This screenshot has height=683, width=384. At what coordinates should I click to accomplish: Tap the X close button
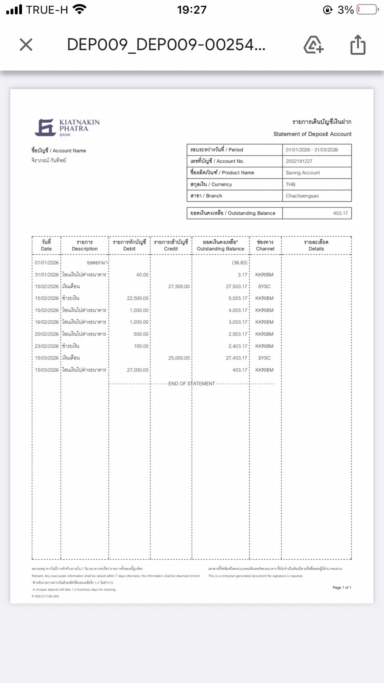click(26, 44)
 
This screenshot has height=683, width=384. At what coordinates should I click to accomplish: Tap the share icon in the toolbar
click(358, 44)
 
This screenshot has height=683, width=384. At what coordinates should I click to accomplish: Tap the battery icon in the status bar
click(368, 9)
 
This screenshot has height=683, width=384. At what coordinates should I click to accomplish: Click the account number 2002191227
click(299, 161)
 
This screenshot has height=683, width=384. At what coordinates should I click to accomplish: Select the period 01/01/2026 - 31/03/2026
click(312, 150)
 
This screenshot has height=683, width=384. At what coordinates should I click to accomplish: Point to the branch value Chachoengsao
click(302, 196)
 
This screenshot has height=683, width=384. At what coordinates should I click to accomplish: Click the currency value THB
click(290, 185)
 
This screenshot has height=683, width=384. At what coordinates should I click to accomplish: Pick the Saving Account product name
click(302, 173)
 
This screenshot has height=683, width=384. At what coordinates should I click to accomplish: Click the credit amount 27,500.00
click(179, 287)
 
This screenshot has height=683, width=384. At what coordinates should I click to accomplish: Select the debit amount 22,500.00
click(138, 298)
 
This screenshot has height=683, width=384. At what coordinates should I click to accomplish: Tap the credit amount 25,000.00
click(179, 358)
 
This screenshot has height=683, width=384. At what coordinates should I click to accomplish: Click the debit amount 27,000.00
click(138, 370)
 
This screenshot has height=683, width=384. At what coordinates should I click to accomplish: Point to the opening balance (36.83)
click(240, 263)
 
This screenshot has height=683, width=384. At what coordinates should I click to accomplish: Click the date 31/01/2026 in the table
click(46, 275)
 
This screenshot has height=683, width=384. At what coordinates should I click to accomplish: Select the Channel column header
click(265, 245)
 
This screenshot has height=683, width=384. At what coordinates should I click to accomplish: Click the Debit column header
click(129, 245)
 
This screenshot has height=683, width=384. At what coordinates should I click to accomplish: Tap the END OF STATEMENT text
click(192, 384)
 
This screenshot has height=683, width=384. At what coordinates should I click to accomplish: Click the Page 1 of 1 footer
click(342, 587)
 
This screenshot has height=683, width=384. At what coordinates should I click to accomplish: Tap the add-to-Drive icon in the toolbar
click(313, 44)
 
